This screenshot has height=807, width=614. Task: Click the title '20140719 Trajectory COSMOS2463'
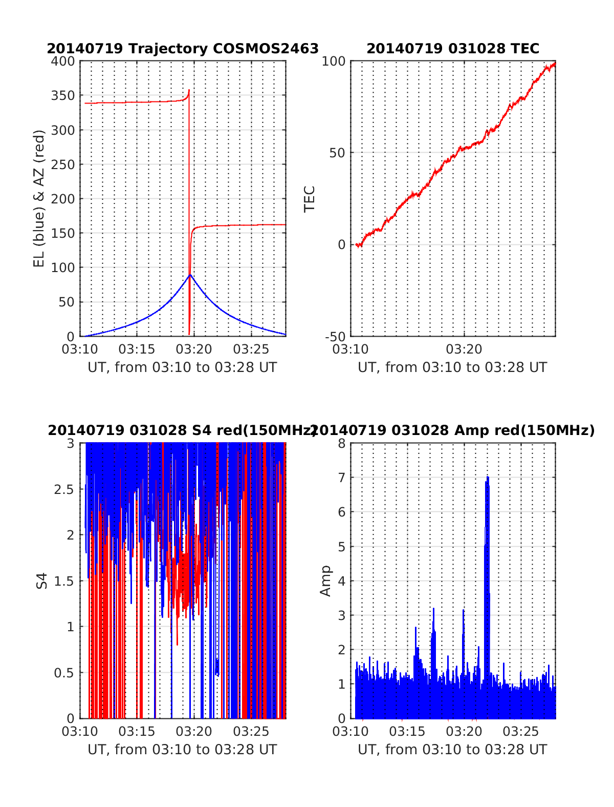tap(183, 49)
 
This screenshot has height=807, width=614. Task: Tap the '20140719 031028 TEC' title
tap(453, 49)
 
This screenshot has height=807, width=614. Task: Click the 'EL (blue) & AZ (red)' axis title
tap(39, 198)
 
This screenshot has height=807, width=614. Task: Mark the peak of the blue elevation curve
tap(190, 275)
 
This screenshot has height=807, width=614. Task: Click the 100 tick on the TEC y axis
tap(335, 61)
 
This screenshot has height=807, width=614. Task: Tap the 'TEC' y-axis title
tap(310, 199)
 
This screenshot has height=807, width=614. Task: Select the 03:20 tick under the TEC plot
tap(464, 349)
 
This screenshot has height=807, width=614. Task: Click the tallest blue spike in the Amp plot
tap(487, 478)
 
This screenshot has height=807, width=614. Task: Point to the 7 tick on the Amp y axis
tap(342, 478)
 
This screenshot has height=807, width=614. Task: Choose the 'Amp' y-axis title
tap(325, 581)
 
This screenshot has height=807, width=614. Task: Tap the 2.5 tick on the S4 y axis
tap(64, 489)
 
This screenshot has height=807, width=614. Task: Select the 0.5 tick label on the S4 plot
tap(64, 673)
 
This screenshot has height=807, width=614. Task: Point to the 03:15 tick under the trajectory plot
tap(137, 349)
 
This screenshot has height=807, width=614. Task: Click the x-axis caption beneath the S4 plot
tap(182, 750)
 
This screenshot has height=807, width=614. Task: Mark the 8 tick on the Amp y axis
tap(342, 443)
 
